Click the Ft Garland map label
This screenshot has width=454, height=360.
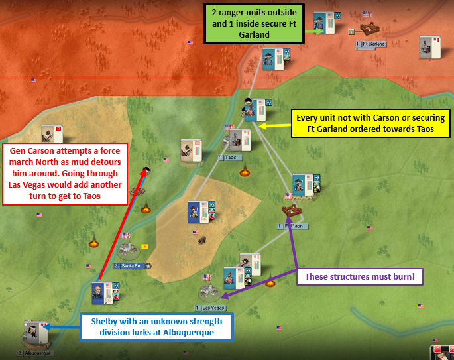[373, 44]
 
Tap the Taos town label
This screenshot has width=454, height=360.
[230, 158]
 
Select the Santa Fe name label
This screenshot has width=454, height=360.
[129, 266]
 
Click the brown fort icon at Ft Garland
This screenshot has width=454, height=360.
[369, 29]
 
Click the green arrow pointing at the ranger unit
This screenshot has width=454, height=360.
[319, 31]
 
